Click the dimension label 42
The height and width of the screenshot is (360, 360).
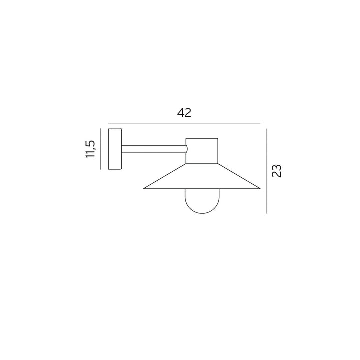coord(184,113)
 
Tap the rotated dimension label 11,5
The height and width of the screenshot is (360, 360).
coord(90,149)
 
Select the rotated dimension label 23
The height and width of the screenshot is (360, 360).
coord(276,171)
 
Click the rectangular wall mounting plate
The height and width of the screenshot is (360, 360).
coord(115,149)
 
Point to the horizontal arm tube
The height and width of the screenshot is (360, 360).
coord(154,149)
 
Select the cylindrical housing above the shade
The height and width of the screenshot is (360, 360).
coord(202,151)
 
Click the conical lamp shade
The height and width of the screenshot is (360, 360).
coord(202,176)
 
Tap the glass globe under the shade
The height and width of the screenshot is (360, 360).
coord(202,201)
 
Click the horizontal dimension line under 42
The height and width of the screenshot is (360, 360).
coord(184,123)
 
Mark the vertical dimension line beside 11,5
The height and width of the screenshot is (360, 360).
coord(100,149)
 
